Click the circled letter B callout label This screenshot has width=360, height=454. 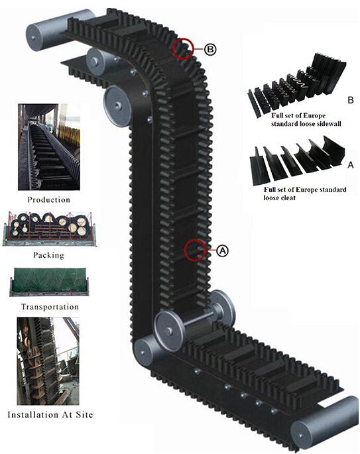tap(210, 50)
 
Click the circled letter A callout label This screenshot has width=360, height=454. tap(222, 250)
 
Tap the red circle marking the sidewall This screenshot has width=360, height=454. tap(183, 48)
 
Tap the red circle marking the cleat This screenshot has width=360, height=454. tap(196, 250)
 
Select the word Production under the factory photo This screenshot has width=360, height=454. tap(48, 199)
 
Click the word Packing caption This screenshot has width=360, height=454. tap(48, 255)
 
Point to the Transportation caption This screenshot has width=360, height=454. tap(50, 307)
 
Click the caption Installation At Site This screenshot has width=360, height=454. tap(50, 415)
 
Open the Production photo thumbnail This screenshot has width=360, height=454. tap(49, 147)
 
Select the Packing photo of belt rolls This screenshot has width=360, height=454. tap(49, 229)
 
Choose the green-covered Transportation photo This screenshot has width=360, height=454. tap(48, 282)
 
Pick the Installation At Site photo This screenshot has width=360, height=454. tap(48, 361)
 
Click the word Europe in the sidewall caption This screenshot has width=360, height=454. tap(314, 115)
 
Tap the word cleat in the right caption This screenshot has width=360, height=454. tap(287, 198)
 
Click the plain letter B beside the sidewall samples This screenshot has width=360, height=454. tap(351, 100)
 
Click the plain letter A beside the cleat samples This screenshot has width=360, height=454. tap(351, 165)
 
